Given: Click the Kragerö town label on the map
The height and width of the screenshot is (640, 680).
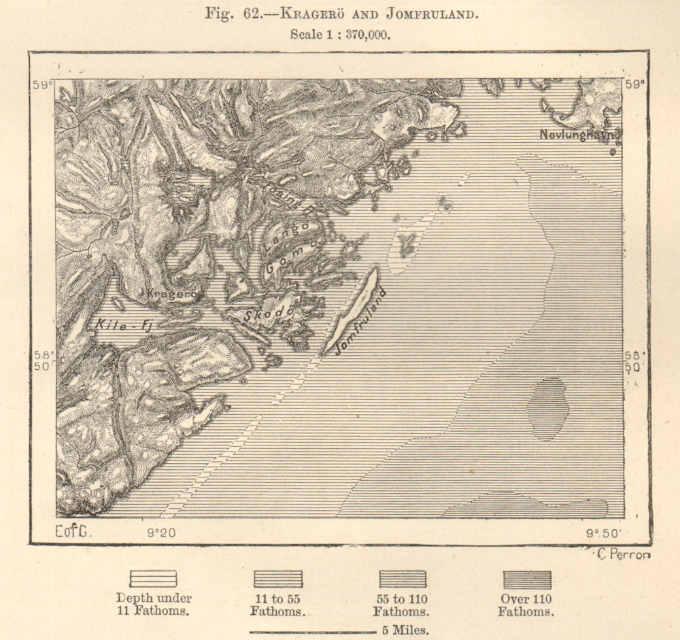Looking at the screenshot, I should (171, 294).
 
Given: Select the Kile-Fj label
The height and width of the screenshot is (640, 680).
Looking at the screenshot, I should (123, 325).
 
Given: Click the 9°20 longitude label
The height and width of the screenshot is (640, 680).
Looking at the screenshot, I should (162, 533).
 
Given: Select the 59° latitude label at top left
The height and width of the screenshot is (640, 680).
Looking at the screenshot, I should (43, 85).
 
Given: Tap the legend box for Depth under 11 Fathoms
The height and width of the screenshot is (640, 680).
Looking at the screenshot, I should (153, 579).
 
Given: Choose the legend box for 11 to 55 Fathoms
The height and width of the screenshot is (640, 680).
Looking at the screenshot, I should (277, 579).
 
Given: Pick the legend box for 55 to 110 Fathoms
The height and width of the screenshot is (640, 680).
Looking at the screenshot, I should (403, 579).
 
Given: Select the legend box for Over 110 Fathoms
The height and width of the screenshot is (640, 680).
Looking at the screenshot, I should (526, 579).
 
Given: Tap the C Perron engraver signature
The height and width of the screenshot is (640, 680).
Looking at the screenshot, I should (623, 554).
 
